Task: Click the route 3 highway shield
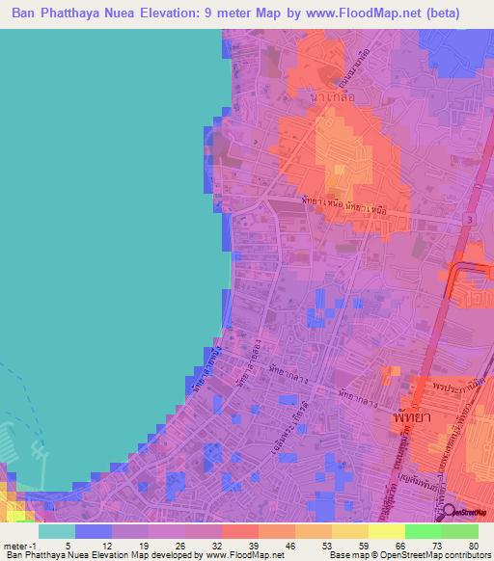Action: [x=470, y=221]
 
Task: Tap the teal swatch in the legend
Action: [x=56, y=531]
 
